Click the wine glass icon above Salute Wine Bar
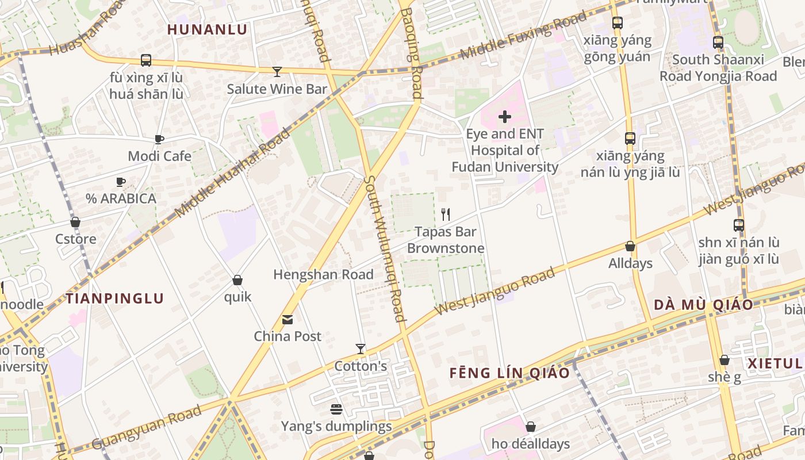point(277,72)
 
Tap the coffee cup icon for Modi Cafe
point(159,139)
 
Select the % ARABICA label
point(121,198)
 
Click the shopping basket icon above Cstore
point(75,222)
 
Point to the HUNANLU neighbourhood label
point(207,30)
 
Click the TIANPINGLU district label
point(114,298)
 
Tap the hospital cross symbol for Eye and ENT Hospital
point(505,117)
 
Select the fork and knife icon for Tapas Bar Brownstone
point(446,214)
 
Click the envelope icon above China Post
point(287,320)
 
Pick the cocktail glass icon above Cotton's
point(361,349)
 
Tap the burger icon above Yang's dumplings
point(336,409)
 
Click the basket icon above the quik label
point(237,280)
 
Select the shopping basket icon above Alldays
point(630,246)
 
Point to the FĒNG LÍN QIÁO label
point(509,373)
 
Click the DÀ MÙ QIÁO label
point(703,305)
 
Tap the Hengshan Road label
point(323,274)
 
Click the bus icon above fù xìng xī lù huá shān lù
point(146,60)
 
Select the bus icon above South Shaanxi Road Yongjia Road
point(718,43)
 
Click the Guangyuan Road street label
point(147,428)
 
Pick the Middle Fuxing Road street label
point(523,34)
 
